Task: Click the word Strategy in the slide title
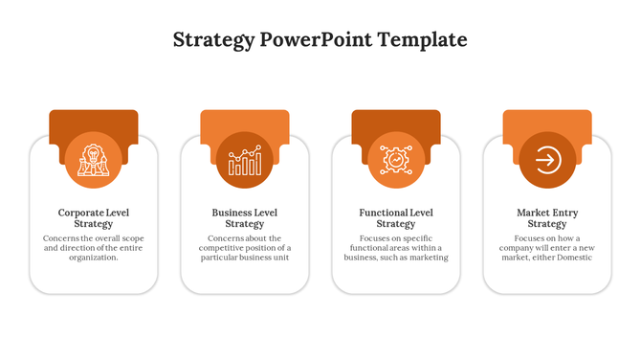coord(213,40)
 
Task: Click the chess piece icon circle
coord(93,159)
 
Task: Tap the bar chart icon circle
coord(244,159)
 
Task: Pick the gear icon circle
coord(395,159)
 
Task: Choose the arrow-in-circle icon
coord(547,159)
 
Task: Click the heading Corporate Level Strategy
coord(93,218)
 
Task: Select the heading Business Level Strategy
coord(244,218)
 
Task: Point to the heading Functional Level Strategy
coord(395,218)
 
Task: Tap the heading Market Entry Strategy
coord(547,218)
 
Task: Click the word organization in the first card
coord(93,258)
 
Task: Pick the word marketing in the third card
coord(429,258)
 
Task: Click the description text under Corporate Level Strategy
coord(93,248)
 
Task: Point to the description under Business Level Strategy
coord(244,248)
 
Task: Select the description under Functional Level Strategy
coord(395,248)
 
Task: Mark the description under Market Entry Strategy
coord(547,248)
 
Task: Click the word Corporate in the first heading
coord(80,213)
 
